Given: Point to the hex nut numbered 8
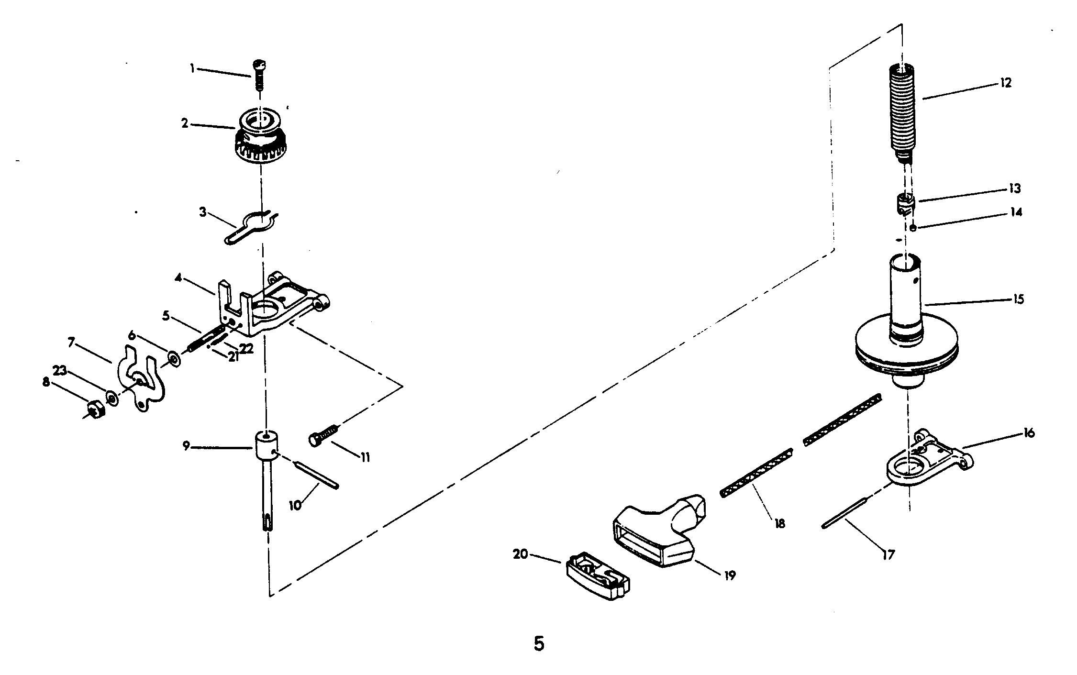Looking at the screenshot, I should click(96, 409).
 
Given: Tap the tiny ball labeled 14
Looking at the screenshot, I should click(913, 228).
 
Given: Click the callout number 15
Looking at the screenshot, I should click(1018, 299).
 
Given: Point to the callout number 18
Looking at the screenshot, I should click(780, 523).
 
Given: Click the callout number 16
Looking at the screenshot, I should click(1029, 433).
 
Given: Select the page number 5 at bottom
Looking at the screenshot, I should click(539, 644).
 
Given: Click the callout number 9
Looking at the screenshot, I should click(186, 446).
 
